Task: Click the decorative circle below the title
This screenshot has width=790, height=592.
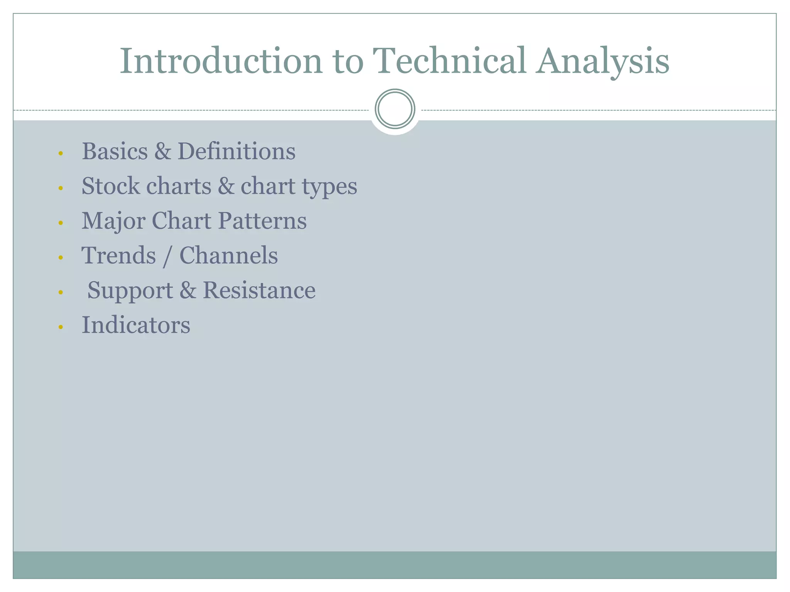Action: coord(395,109)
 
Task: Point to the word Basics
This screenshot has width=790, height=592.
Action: coord(115,151)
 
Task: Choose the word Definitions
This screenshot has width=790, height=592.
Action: coord(236,151)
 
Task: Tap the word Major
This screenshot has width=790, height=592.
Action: coord(113,221)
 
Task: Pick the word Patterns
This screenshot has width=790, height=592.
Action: coord(262,221)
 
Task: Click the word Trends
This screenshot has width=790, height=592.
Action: coord(119,256)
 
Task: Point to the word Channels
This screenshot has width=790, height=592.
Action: coord(229,256)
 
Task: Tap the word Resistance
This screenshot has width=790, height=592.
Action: coord(259,290)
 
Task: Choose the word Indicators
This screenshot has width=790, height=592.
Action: coord(136,325)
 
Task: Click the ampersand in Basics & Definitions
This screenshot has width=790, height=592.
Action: coord(162,151)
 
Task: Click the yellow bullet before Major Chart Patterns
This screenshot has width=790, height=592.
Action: coord(61,223)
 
